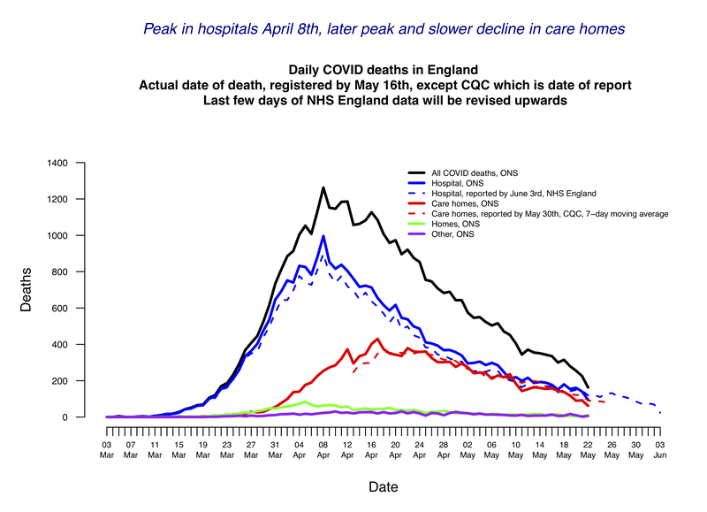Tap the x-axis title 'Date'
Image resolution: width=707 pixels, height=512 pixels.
tap(383, 486)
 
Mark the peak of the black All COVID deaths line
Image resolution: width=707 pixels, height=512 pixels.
tap(323, 187)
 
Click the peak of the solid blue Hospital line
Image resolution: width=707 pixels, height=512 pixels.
tap(323, 236)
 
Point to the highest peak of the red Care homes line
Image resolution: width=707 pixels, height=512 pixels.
tap(378, 339)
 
